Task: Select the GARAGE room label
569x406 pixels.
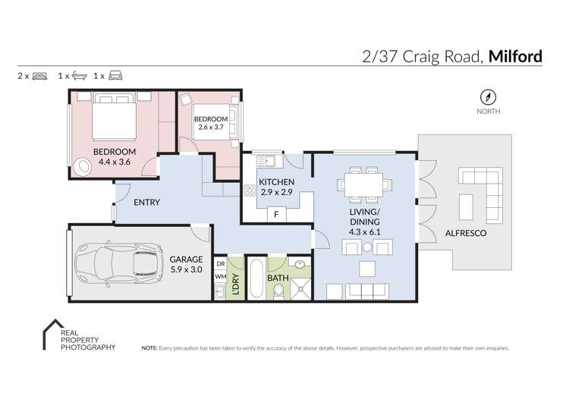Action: click(187, 259)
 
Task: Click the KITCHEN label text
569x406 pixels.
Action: click(277, 182)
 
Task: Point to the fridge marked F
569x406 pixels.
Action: click(277, 215)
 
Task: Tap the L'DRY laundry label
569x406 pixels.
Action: click(235, 280)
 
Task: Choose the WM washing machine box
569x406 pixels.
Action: click(220, 277)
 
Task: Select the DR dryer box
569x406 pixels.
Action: click(220, 263)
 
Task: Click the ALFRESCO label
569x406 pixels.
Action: click(465, 233)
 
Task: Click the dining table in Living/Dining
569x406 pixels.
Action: click(366, 183)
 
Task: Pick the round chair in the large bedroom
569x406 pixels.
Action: click(82, 165)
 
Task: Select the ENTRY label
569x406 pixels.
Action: click(146, 203)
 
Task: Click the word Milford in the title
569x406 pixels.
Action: click(515, 55)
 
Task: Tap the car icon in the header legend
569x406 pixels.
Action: click(115, 76)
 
